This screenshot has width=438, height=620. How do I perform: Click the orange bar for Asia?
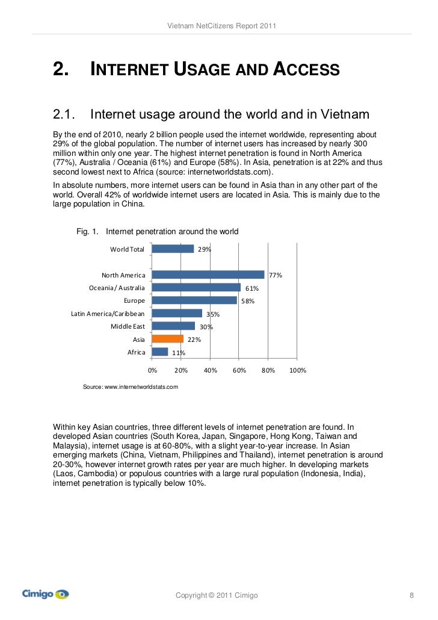(167, 339)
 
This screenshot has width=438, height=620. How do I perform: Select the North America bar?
(208, 274)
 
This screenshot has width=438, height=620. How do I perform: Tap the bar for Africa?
(160, 352)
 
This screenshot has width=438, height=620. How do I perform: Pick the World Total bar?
(173, 249)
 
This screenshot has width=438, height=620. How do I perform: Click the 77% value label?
(276, 275)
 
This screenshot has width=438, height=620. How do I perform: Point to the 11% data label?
(178, 353)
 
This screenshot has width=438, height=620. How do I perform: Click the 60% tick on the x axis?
(239, 370)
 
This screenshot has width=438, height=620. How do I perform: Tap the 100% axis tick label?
(298, 370)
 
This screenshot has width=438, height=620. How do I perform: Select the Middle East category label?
(128, 326)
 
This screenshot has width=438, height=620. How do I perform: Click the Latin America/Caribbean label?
(108, 314)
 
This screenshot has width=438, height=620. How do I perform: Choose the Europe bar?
(194, 300)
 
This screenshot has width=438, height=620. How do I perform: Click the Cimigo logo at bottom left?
(46, 595)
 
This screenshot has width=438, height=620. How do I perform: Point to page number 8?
(412, 595)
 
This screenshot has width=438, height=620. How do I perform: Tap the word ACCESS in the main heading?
(307, 71)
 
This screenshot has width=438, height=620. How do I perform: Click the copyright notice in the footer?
(217, 595)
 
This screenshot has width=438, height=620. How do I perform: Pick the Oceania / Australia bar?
(196, 288)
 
